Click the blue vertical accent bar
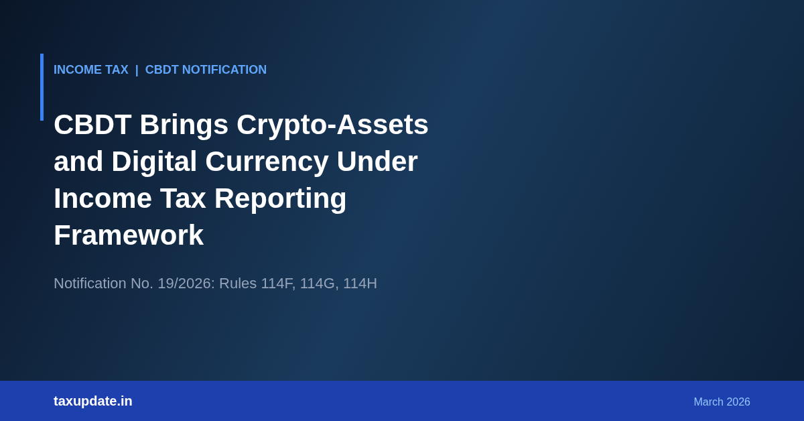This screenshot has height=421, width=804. pyautogui.click(x=42, y=87)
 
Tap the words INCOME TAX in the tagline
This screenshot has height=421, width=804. pyautogui.click(x=91, y=70)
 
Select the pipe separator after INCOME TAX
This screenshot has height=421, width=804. pyautogui.click(x=137, y=70)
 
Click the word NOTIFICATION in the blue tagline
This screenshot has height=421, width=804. pyautogui.click(x=224, y=70)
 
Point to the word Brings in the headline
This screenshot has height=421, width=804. pyautogui.click(x=184, y=125)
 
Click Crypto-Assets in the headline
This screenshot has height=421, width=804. pyautogui.click(x=332, y=125)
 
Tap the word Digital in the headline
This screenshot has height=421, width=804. pyautogui.click(x=154, y=162)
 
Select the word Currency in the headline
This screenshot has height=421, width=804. pyautogui.click(x=267, y=162)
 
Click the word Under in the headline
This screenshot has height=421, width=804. pyautogui.click(x=377, y=162)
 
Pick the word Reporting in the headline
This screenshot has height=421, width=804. pyautogui.click(x=280, y=198)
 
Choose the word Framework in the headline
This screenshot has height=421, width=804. pyautogui.click(x=129, y=235)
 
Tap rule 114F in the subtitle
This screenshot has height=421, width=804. pyautogui.click(x=278, y=284)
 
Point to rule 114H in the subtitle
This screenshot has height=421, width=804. pyautogui.click(x=360, y=284)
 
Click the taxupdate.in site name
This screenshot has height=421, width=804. pyautogui.click(x=93, y=402)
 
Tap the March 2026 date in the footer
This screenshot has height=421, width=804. pyautogui.click(x=722, y=402)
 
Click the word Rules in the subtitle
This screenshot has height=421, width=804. pyautogui.click(x=238, y=284)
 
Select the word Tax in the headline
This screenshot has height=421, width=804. pyautogui.click(x=183, y=198)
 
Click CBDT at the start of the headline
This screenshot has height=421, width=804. pyautogui.click(x=92, y=125)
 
